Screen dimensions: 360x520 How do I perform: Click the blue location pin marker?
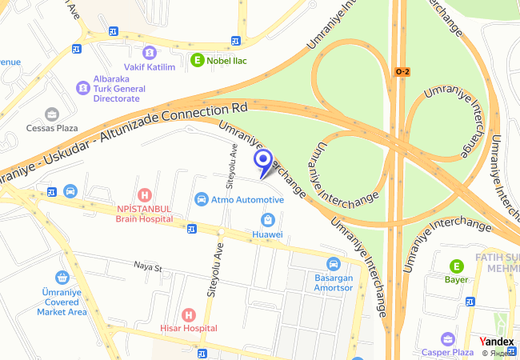click(262, 162)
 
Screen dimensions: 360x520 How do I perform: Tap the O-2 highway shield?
click(402, 72)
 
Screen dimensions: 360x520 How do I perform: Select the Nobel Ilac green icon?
click(198, 59)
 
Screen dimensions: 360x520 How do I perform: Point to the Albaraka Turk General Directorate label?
click(117, 88)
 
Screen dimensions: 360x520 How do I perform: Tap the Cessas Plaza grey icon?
click(52, 114)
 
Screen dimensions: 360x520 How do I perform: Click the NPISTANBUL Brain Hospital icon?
click(144, 194)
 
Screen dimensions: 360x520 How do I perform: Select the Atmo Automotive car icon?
click(202, 199)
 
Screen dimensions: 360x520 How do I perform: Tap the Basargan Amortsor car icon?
click(333, 264)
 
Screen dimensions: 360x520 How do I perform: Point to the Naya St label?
click(148, 266)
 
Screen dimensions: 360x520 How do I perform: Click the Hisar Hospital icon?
click(188, 314)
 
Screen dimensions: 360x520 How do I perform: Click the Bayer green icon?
click(456, 266)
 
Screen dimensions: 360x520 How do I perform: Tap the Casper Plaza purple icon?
click(447, 338)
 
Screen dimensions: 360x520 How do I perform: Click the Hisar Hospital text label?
click(188, 328)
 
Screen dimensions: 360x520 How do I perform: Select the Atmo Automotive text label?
click(247, 200)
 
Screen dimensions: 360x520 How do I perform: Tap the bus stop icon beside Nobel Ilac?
click(235, 41)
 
